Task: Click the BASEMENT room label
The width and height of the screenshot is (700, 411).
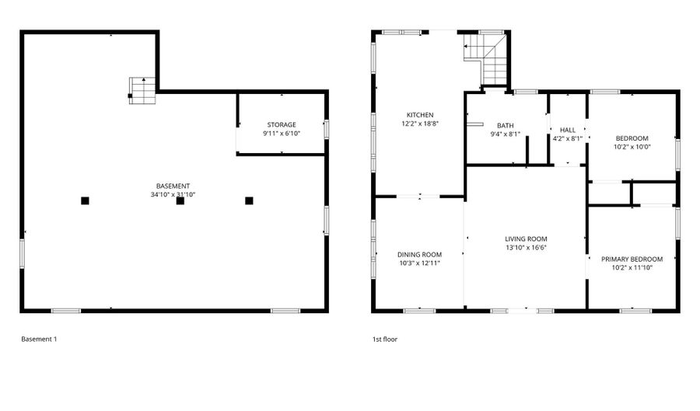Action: (173, 186)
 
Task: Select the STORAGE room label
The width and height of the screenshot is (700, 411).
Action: (282, 124)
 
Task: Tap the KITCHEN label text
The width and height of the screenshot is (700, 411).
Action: (418, 115)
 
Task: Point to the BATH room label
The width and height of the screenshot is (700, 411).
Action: (506, 125)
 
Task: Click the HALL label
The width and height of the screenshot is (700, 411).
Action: (567, 131)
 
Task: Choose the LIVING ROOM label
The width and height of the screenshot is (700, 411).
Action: (526, 239)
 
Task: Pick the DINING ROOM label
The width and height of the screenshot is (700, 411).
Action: (419, 254)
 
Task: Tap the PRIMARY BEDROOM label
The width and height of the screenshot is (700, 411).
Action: (632, 259)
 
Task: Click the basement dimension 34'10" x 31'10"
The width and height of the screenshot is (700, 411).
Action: (173, 195)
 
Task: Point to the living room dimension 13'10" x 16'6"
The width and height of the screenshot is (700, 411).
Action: (526, 248)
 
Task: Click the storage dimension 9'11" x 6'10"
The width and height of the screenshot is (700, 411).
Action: (282, 134)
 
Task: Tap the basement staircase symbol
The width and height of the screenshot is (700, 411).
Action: (142, 90)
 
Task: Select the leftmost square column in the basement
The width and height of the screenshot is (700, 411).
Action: (85, 200)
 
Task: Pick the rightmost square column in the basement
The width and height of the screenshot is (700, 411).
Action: (249, 200)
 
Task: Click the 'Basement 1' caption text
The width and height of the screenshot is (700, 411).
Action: (39, 340)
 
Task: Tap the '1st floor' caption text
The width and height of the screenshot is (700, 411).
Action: (385, 340)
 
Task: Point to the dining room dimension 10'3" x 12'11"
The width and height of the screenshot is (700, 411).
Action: (419, 263)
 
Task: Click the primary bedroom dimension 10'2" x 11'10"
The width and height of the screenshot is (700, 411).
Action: (632, 268)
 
